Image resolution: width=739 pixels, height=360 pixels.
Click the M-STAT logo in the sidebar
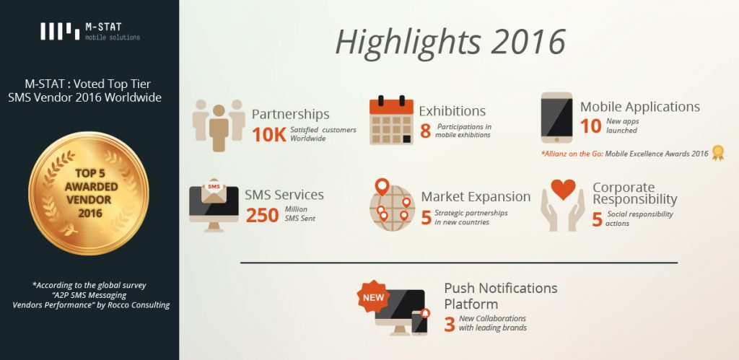89,31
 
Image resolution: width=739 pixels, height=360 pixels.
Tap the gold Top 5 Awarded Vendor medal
89,193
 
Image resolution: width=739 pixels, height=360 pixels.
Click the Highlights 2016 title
450,43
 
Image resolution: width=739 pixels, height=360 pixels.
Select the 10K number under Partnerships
269,134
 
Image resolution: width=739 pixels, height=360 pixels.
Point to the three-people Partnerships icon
219,125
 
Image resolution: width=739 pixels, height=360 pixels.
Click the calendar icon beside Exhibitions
391,120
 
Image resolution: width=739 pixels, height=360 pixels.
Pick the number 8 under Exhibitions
425,131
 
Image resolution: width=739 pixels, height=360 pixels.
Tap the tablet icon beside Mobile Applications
556,118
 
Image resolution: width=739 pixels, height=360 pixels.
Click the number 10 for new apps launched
590,126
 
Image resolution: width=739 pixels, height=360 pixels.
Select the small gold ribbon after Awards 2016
718,152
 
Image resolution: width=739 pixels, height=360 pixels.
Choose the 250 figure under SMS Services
263,215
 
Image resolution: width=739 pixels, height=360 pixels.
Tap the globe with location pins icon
392,205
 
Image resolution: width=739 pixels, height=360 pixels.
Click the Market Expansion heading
476,196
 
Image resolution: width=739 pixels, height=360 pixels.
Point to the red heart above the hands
563,190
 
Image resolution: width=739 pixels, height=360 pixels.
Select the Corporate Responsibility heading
635,193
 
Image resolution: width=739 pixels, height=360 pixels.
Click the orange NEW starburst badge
373,297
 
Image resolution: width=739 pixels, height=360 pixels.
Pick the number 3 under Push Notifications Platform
450,324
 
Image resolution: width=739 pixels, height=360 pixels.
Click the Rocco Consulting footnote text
91,295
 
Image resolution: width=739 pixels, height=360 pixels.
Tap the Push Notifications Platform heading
501,296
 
